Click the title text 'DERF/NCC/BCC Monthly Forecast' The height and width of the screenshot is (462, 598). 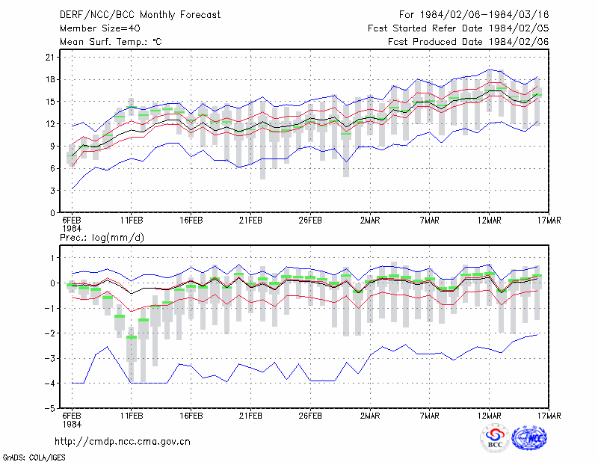[140, 15]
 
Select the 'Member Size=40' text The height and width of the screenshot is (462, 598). [100, 28]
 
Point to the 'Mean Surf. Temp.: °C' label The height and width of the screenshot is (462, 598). [111, 42]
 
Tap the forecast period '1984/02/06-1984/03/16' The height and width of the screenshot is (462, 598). [484, 15]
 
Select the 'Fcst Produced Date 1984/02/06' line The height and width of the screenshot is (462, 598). [469, 42]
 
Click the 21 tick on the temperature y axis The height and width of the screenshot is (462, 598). [50, 58]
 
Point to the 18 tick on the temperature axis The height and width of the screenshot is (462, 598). [50, 80]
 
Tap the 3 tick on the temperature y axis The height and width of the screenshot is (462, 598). [52, 191]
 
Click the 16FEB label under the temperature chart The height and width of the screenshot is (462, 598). [191, 221]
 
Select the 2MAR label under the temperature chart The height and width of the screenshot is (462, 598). [370, 221]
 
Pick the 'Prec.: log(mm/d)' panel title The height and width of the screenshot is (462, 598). [102, 238]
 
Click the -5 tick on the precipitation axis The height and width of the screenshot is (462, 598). [49, 408]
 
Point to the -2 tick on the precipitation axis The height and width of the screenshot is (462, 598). [49, 333]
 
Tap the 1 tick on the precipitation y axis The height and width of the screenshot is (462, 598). [52, 258]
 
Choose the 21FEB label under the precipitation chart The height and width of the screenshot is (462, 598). [250, 416]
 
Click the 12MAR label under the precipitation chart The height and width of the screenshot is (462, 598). [490, 416]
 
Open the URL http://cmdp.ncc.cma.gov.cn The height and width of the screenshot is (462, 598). [123, 442]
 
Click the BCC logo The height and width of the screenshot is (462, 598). [495, 439]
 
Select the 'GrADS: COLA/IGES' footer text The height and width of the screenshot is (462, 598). [34, 458]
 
